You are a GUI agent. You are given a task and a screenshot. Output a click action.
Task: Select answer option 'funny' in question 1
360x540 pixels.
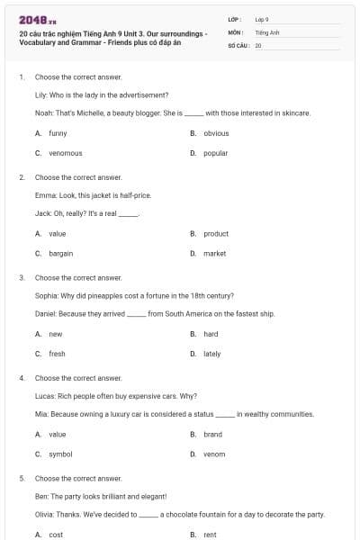tap(58, 133)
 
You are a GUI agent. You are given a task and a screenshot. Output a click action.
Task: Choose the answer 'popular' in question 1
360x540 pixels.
tap(215, 153)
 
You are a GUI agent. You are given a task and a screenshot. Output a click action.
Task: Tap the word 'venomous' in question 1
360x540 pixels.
tap(65, 153)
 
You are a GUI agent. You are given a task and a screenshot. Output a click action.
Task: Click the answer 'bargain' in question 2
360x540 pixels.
tap(61, 253)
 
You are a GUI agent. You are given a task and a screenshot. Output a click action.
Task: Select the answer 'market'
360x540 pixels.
tap(214, 253)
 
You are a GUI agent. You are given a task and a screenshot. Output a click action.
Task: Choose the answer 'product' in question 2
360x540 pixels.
tap(216, 233)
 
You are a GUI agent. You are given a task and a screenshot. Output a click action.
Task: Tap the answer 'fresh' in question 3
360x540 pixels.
tap(57, 354)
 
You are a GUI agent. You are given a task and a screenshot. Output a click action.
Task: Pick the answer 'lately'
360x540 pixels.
tap(211, 354)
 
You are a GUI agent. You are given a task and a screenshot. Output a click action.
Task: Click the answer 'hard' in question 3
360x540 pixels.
tap(211, 334)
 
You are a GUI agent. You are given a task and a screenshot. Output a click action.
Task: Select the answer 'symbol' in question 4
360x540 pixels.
tap(60, 454)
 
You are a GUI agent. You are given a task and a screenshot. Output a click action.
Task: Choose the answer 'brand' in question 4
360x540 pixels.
tap(212, 434)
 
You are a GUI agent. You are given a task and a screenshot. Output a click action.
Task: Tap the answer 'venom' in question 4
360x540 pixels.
tap(214, 454)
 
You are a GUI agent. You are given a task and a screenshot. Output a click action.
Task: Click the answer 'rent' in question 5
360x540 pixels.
tap(210, 535)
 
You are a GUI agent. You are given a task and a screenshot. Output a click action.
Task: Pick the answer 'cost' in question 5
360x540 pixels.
tap(56, 535)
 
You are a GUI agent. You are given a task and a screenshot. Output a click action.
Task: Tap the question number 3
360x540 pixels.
tap(22, 278)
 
